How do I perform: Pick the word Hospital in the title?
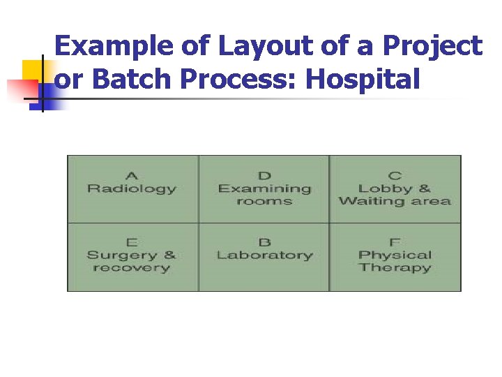click(x=363, y=80)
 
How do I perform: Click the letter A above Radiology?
click(x=131, y=175)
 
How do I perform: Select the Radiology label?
click(x=131, y=188)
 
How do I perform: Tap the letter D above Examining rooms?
click(x=264, y=175)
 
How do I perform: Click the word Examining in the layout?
click(x=264, y=188)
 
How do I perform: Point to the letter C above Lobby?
click(x=395, y=175)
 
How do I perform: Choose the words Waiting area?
click(x=395, y=202)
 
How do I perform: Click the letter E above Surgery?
click(x=131, y=242)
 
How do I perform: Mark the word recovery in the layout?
click(x=131, y=268)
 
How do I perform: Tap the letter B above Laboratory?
click(x=264, y=242)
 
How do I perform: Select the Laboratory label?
click(x=264, y=256)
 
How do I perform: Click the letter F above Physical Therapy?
click(x=395, y=242)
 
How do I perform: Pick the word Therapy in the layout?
click(x=395, y=268)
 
